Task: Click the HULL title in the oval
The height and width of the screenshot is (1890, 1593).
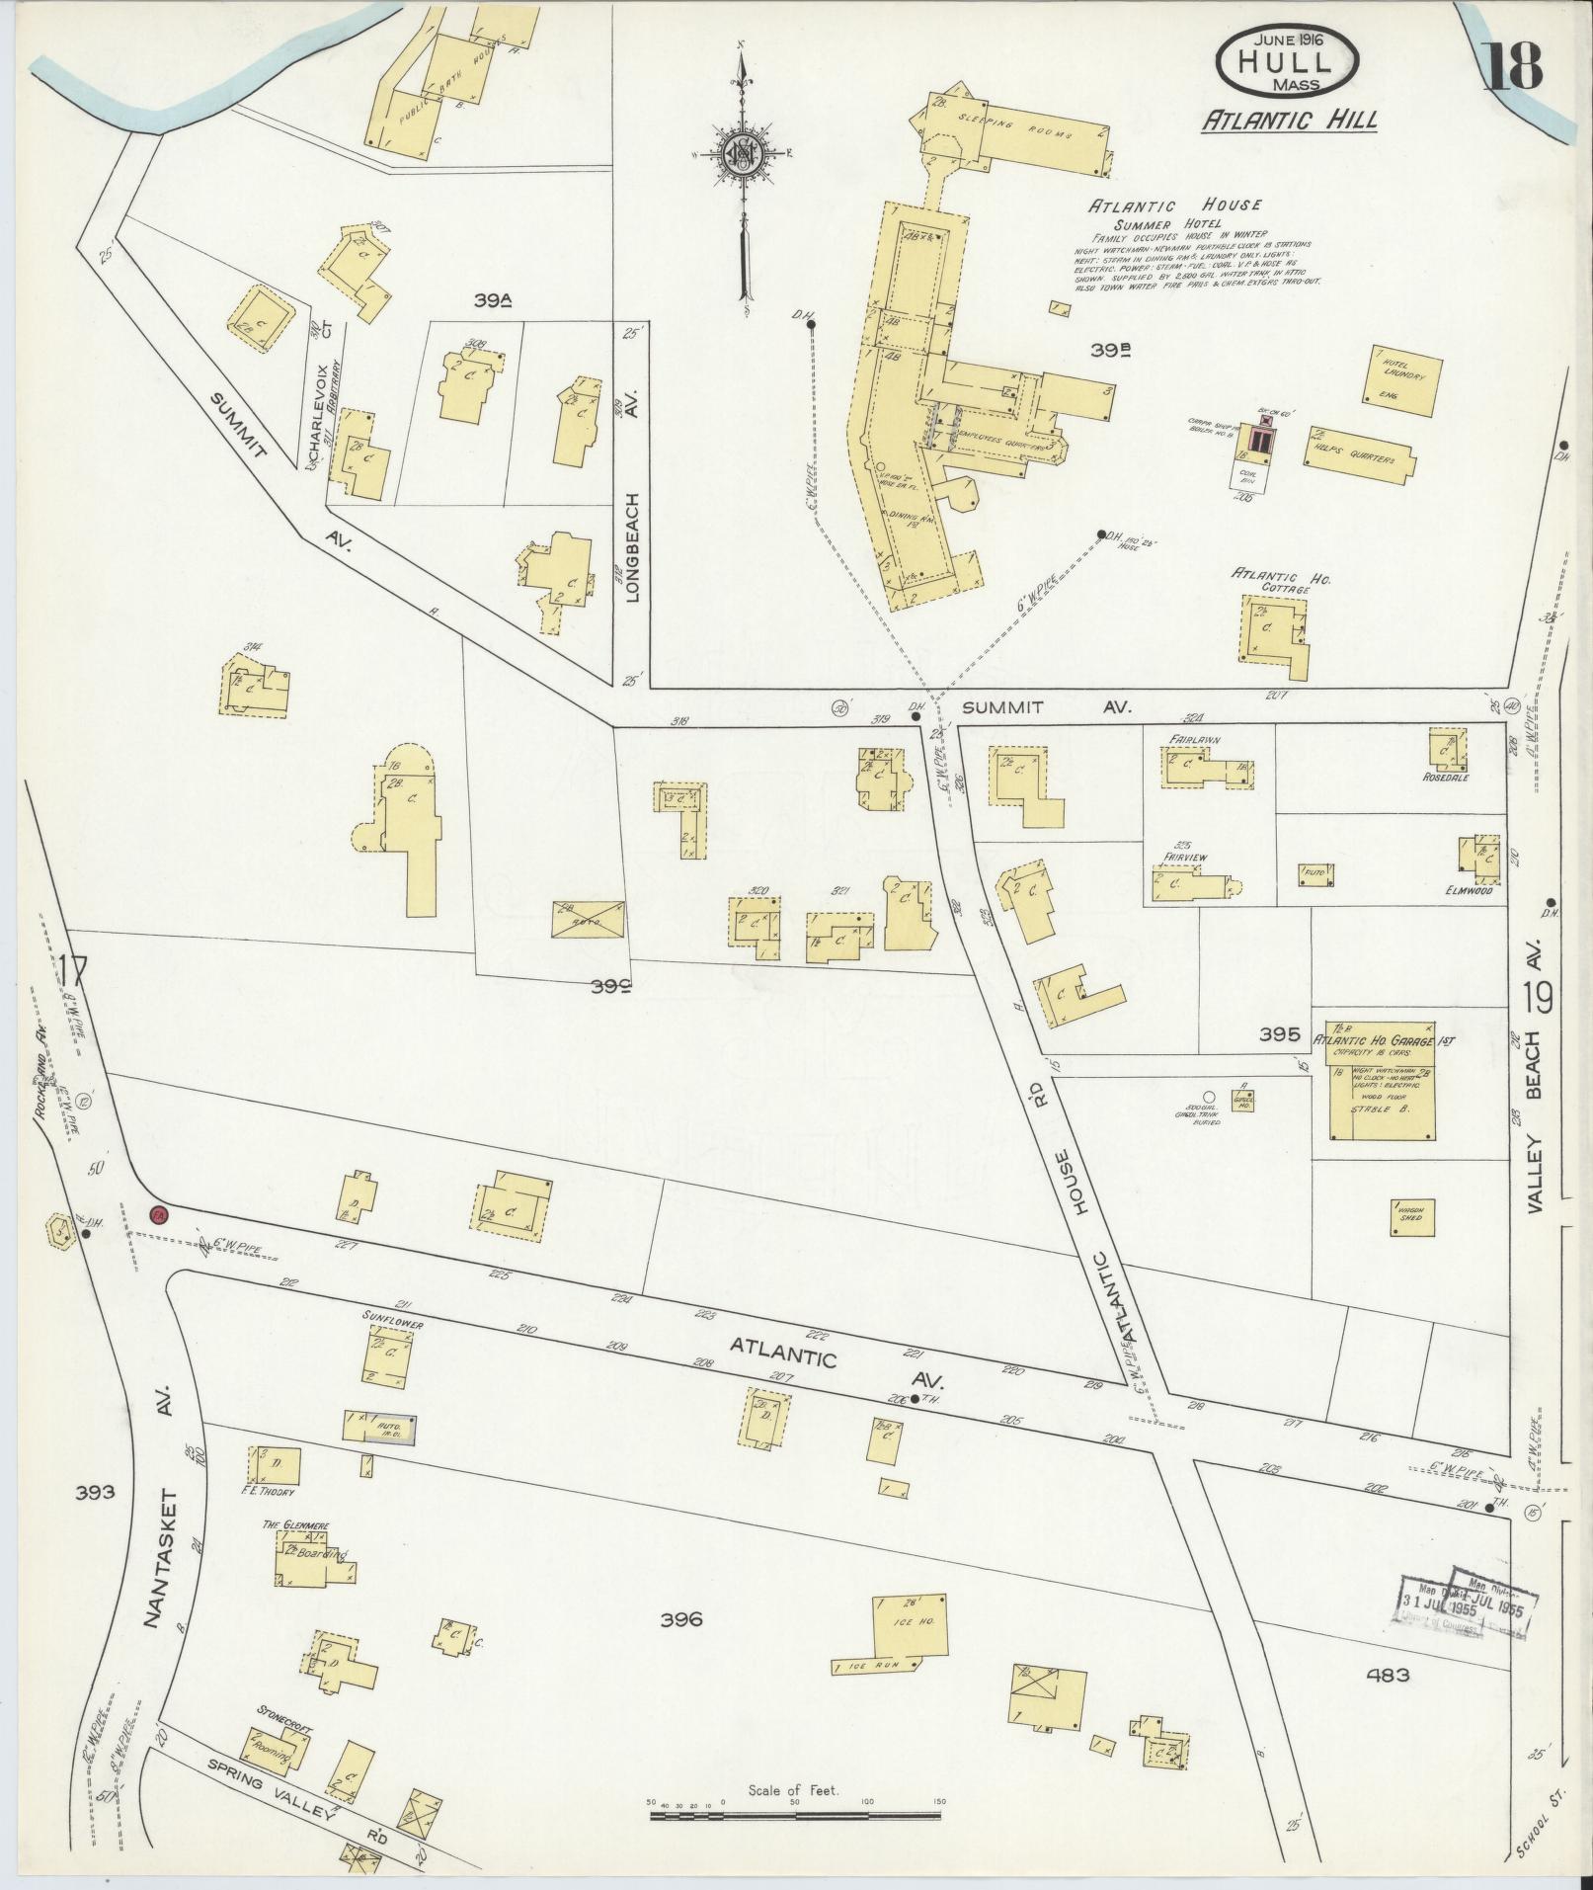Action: tap(1289, 61)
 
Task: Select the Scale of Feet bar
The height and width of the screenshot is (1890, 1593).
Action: tap(794, 1815)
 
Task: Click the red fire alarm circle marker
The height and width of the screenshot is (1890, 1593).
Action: tap(158, 1213)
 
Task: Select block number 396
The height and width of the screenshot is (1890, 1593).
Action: tap(681, 1618)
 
